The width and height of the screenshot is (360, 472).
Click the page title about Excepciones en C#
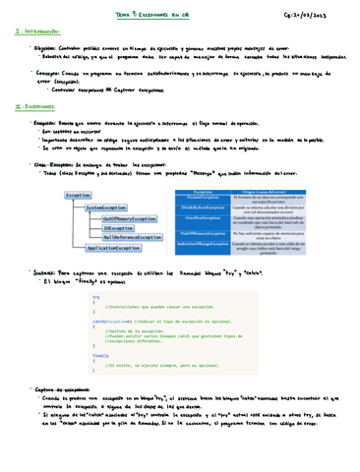coord(178,14)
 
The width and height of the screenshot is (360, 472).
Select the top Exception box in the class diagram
coord(78,168)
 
